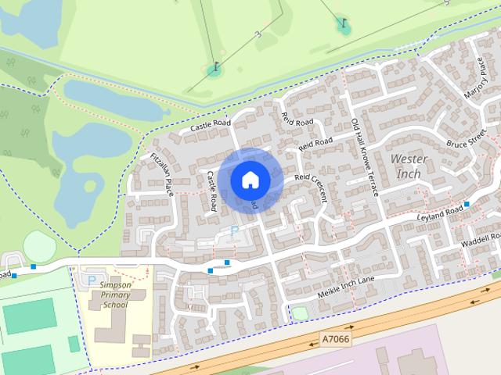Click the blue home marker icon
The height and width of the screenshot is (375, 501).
(x=250, y=180)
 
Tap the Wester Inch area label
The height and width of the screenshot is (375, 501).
(x=409, y=166)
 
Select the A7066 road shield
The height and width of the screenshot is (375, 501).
(x=336, y=339)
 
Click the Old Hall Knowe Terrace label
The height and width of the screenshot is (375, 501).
(x=365, y=157)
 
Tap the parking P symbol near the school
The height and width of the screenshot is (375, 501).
(x=92, y=280)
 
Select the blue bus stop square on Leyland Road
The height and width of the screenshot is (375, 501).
(x=467, y=204)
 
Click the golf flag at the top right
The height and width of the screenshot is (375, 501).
(x=343, y=23)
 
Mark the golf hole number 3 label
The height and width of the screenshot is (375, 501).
(x=257, y=34)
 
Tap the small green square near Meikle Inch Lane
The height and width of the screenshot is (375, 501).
(x=299, y=313)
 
